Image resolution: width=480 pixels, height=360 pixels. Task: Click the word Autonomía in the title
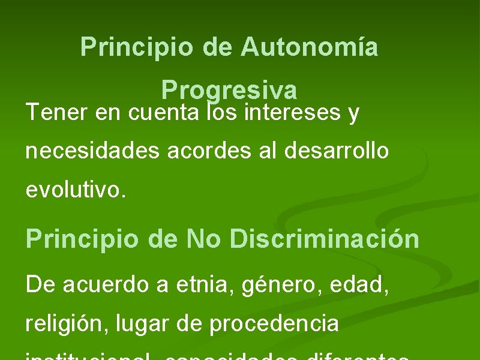[x=310, y=47]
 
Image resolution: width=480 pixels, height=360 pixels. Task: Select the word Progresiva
[x=229, y=91]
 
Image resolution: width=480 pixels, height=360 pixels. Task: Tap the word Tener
[x=57, y=112]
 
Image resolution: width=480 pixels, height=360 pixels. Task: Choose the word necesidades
[x=93, y=151]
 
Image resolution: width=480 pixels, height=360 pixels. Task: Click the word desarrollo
[x=337, y=151]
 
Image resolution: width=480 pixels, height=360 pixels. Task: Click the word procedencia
[x=275, y=323]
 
